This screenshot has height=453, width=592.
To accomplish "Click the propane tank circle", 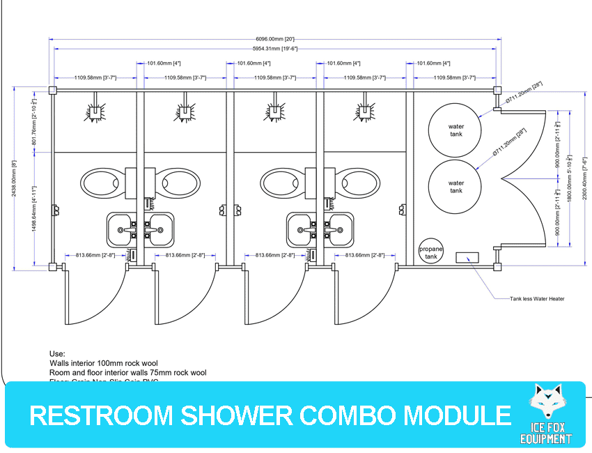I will point(430,253).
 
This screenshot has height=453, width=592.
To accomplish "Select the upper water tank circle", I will point(455,130).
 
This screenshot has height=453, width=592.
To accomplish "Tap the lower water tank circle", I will point(455,186).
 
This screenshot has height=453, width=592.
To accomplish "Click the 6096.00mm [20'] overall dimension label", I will point(276,38).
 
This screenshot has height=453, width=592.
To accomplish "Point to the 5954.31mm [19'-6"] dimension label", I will point(274,49).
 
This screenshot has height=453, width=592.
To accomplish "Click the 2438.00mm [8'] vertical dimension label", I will point(13,178).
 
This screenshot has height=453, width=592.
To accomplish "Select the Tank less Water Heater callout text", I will point(537,299).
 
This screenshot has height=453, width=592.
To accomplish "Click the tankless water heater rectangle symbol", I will point(466,257).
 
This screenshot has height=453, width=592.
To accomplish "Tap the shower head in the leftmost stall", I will point(95,111).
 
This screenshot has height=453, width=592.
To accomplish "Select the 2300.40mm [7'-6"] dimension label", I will point(584,177).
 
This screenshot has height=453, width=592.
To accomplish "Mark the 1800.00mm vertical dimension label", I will point(569,177).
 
